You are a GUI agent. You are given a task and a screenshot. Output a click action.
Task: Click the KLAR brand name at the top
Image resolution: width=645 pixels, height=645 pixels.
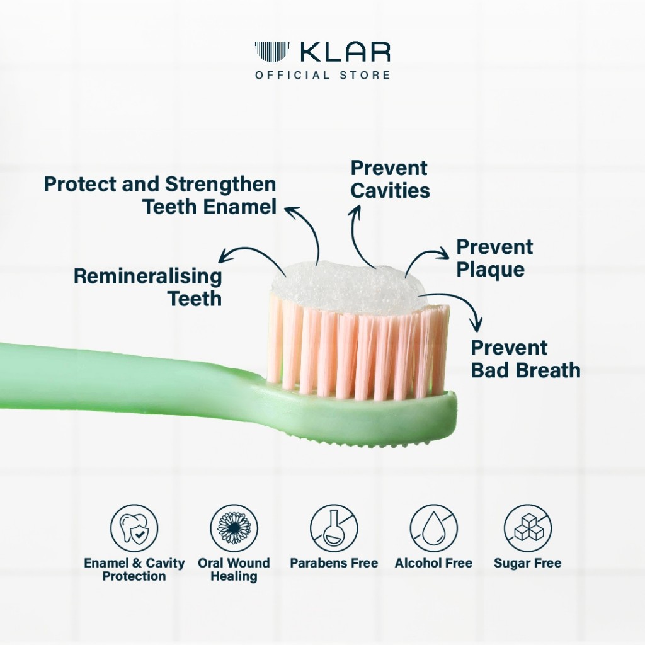click(345, 52)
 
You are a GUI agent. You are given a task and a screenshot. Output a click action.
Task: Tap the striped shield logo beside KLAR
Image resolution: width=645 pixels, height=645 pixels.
click(272, 52)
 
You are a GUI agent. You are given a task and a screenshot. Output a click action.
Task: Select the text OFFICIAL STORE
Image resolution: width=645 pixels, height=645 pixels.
click(322, 76)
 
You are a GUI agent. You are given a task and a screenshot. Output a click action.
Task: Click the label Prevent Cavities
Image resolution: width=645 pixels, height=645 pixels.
click(390, 180)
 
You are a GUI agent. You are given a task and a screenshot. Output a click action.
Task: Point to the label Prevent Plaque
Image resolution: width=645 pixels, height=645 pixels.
click(494, 258)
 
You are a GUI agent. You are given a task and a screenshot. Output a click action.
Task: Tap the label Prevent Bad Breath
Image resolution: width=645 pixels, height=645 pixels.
click(525, 359)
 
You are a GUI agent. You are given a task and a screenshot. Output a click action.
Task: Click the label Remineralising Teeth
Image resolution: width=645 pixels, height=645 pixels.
click(148, 287)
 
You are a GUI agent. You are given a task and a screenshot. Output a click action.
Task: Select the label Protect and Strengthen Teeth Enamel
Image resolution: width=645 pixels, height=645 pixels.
click(160, 195)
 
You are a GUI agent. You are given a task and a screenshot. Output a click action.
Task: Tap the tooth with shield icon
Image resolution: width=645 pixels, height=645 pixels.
click(134, 528)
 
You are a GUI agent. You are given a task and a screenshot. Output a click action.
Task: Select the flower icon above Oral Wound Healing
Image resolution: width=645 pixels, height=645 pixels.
click(234, 528)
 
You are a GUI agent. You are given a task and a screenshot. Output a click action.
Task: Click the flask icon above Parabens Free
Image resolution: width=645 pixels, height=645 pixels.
click(334, 528)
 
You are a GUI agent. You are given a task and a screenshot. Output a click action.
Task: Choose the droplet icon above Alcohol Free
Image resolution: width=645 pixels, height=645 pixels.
click(433, 528)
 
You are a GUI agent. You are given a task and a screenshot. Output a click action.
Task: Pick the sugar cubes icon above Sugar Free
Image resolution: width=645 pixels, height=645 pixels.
click(528, 528)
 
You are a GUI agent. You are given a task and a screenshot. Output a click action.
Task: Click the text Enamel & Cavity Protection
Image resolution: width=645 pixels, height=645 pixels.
click(134, 569)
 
